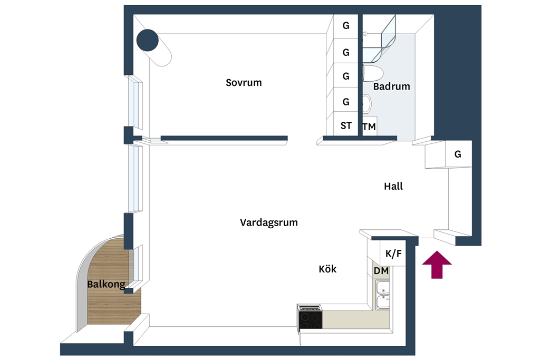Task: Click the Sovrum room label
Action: (x=244, y=83)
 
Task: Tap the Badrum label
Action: (x=392, y=86)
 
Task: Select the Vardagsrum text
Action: (x=268, y=222)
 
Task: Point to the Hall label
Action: (x=393, y=186)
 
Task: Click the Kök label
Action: (x=327, y=269)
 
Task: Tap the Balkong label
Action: (x=106, y=284)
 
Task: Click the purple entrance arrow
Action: (x=437, y=264)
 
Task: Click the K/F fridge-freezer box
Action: (x=392, y=253)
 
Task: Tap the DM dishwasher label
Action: (x=381, y=271)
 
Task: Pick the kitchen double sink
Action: (x=383, y=295)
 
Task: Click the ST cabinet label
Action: (x=346, y=125)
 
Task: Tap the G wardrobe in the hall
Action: (x=458, y=154)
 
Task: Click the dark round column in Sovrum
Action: (x=148, y=40)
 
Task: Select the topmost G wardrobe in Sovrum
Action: (x=346, y=26)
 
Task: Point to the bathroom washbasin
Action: (x=367, y=104)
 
